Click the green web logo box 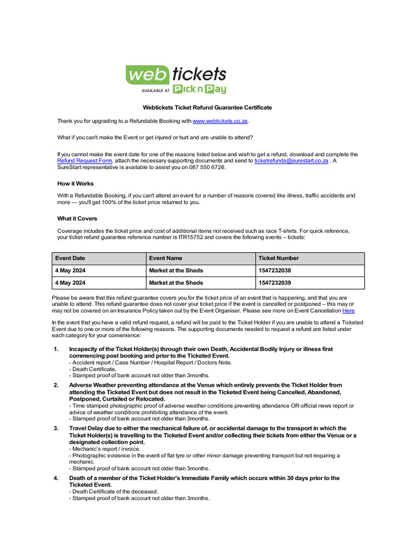pos(144,75)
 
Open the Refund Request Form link pos(85,161)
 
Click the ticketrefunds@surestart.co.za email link pos(291,161)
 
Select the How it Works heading pos(76,184)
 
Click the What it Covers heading pos(77,219)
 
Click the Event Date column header pos(70,258)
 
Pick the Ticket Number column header pos(278,258)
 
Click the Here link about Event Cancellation pos(349,311)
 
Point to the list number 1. pos(56,349)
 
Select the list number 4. pos(56,478)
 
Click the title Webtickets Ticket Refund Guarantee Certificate pos(207,107)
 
